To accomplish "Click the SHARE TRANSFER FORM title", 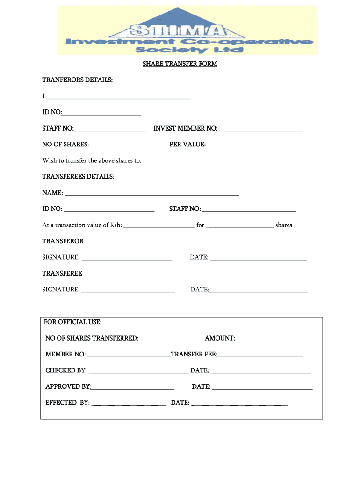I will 180,64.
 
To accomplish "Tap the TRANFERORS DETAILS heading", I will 78,80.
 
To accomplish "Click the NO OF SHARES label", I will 65,145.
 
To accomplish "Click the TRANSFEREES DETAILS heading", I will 78,177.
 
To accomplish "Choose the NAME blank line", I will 152,194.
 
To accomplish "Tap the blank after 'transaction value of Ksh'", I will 159,227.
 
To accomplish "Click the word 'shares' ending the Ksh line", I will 284,225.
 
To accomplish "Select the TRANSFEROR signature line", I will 127,259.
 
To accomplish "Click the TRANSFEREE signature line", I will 129,291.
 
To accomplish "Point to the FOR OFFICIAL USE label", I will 72,322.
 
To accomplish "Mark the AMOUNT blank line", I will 271,340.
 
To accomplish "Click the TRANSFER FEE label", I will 194,354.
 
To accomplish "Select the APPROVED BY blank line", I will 133,389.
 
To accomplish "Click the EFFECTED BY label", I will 67,402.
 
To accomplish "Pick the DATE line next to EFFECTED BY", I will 239,404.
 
